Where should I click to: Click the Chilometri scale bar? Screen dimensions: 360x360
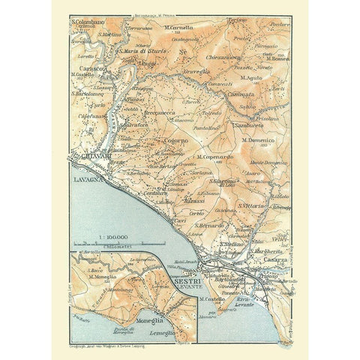pyautogui.click(x=132, y=244)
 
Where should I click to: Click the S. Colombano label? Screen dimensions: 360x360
pyautogui.click(x=88, y=22)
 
